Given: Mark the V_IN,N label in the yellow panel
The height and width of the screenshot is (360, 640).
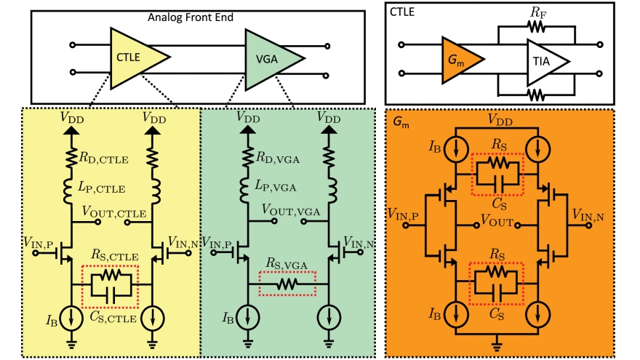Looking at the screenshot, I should coord(183,240).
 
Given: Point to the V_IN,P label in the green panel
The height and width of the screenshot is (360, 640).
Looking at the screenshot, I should coord(217,240).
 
